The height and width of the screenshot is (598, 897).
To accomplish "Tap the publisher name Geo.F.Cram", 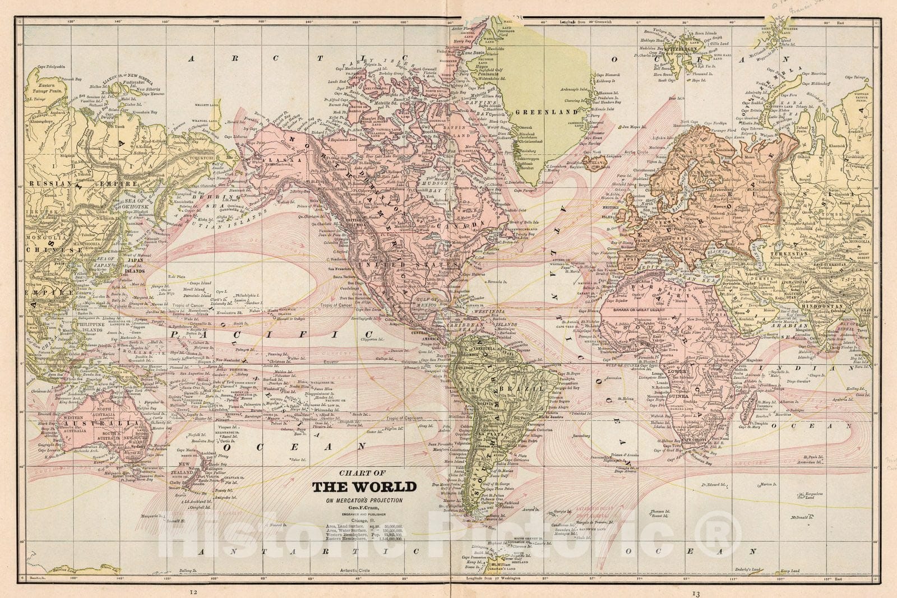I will [364, 506].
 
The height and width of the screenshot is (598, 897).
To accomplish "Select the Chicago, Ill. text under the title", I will [364, 520].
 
